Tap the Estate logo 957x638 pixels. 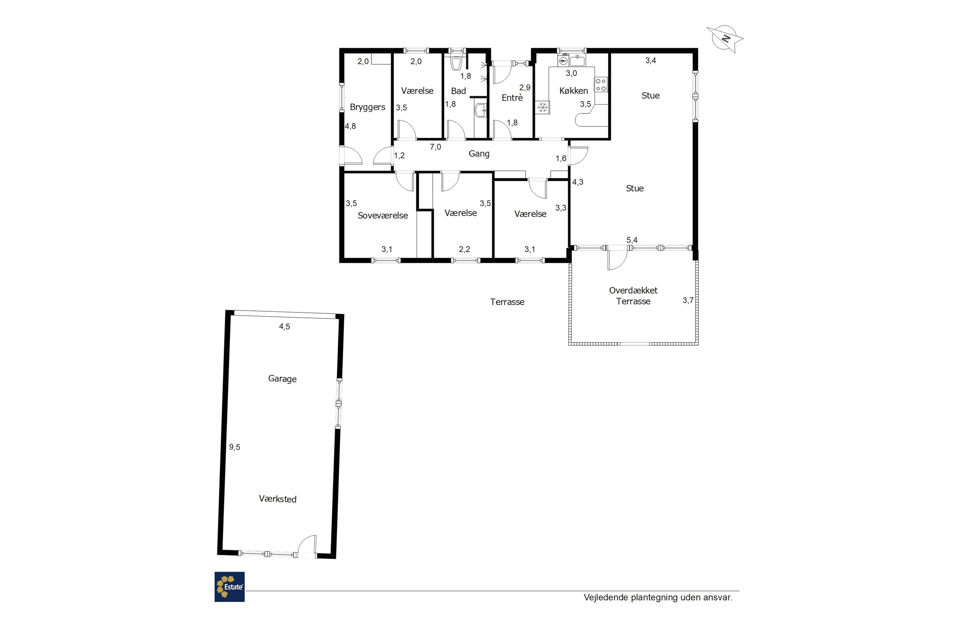click(x=229, y=587)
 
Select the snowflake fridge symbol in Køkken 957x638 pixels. click(x=542, y=108)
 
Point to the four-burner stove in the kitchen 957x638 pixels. click(x=601, y=85)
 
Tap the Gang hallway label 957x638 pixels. click(x=479, y=154)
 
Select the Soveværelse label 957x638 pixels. click(x=382, y=216)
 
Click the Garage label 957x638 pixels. click(x=282, y=379)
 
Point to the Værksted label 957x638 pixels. click(x=278, y=499)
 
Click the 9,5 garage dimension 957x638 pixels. click(x=234, y=447)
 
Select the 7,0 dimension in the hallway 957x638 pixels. click(x=435, y=147)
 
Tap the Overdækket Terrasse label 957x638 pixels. click(x=633, y=296)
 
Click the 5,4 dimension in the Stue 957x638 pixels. click(x=632, y=240)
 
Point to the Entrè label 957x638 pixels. click(x=512, y=97)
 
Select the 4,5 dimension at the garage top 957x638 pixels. click(x=285, y=326)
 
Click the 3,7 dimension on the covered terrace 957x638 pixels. click(x=688, y=300)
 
